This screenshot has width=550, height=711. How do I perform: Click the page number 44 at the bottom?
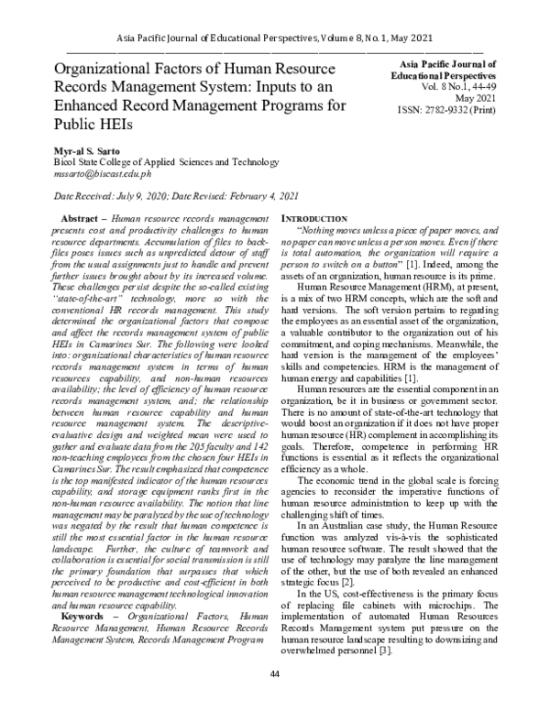coord(275,700)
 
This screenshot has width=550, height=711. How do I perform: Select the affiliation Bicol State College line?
coord(151,161)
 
